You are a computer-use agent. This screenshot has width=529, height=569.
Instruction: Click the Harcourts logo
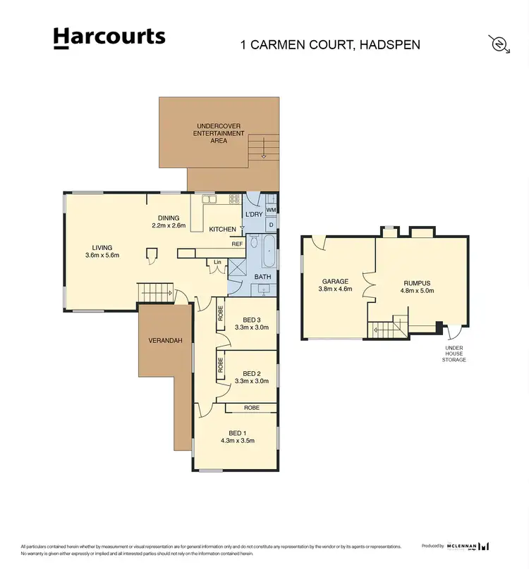[x=109, y=38]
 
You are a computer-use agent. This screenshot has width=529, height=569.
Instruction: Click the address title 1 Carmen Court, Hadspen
[x=330, y=44]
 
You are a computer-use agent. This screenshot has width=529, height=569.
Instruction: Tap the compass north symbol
[x=499, y=44]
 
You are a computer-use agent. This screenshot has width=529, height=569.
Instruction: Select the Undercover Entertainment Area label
[x=219, y=133]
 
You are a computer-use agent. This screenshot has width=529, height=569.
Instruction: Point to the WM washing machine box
[x=271, y=210]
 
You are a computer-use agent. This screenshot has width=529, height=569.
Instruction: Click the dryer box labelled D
[x=272, y=225]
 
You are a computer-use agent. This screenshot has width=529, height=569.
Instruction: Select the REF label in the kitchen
[x=237, y=244]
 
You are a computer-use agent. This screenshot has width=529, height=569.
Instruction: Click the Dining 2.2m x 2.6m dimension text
[x=169, y=226]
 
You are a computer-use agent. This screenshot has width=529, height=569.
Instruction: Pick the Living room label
[x=102, y=247]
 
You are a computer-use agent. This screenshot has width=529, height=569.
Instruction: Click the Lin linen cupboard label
[x=217, y=263]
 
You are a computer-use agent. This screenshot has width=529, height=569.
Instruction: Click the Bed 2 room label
[x=252, y=373]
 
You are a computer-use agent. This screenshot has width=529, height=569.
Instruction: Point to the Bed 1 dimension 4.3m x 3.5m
[x=237, y=441]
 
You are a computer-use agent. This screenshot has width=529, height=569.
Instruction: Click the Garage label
[x=335, y=282]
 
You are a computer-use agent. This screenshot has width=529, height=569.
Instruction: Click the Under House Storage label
[x=454, y=354]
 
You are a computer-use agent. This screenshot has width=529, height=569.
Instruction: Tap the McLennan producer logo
[x=468, y=546]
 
